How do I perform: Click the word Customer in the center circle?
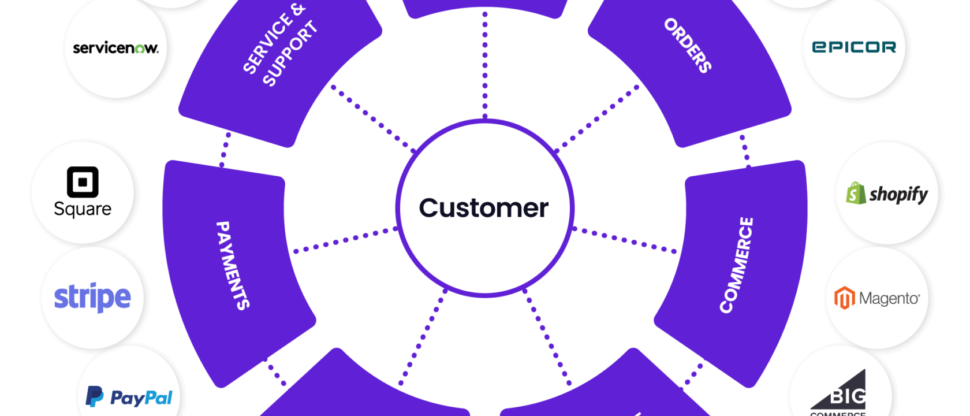[x=484, y=208]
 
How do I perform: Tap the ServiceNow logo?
[x=115, y=48]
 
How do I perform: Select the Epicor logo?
[x=854, y=47]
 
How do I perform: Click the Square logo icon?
[x=83, y=182]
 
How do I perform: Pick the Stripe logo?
[x=92, y=298]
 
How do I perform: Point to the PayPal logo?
[x=129, y=398]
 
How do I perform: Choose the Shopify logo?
[x=887, y=194]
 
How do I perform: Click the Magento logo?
[x=877, y=298]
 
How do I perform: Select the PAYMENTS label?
[x=232, y=265]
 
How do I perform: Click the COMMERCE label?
[x=736, y=265]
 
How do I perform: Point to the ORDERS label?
[x=687, y=45]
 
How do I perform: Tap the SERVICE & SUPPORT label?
[x=281, y=46]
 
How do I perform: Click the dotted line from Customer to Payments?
[x=345, y=240]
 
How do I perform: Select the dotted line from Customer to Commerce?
[x=626, y=240]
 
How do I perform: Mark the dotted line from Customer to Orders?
[x=598, y=116]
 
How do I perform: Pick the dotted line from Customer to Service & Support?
[x=370, y=116]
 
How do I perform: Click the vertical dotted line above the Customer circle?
[x=485, y=64]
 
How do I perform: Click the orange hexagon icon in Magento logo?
[x=844, y=298]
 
